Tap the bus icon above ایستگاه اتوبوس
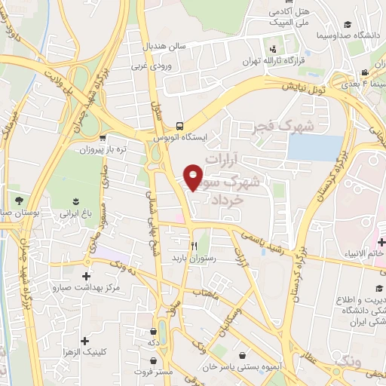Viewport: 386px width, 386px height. (x=179, y=126)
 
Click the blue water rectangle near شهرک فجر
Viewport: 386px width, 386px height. (x=314, y=147)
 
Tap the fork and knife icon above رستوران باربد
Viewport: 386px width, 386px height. (x=195, y=245)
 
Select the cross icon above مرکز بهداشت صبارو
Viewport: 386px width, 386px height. (x=87, y=276)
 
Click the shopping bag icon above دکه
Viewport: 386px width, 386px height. (x=154, y=330)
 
